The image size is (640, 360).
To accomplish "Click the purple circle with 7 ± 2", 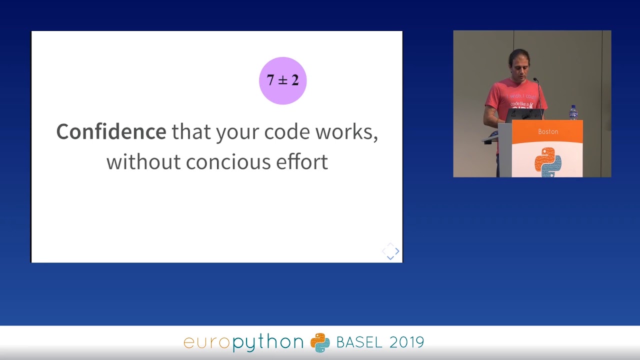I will coord(282,80).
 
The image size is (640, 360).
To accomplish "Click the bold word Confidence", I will coord(111,131).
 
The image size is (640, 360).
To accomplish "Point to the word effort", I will coord(302,162).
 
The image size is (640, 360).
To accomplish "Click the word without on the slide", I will coord(143,162).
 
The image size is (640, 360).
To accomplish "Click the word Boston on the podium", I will coord(548,131).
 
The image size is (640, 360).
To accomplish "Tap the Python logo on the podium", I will coord(548,161).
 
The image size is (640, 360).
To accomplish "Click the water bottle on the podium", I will coord(573,112).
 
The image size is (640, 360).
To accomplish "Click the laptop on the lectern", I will coord(524,115).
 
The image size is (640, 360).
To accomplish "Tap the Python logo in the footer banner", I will coord(320,342).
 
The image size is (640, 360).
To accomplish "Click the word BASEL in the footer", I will coord(359,342).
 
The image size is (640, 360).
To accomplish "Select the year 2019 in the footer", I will coord(406,342).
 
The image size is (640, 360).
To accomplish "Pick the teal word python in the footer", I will coord(268,342).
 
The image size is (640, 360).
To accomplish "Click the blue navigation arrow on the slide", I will coord(396,251).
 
